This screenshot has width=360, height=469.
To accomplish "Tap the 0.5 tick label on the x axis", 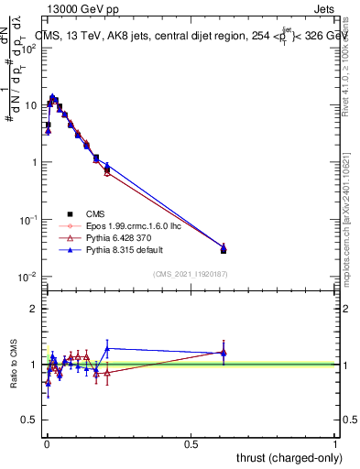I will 191,442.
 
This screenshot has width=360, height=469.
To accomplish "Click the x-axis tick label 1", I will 336,442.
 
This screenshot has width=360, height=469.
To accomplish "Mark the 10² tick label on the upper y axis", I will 29,48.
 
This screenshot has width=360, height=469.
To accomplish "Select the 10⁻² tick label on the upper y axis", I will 29,277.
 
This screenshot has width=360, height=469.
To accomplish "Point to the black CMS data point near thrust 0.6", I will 224,249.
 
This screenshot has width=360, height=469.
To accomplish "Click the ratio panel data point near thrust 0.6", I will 224,352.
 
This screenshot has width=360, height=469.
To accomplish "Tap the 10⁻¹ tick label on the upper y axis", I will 29,220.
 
